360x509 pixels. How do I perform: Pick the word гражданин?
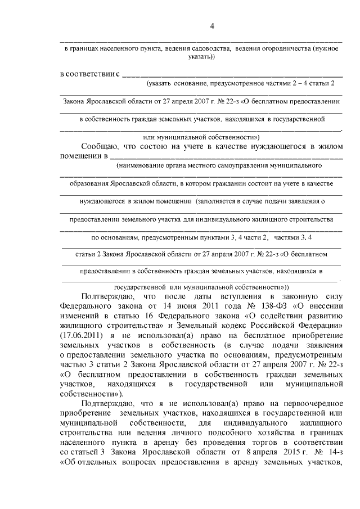(x=240, y=183)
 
